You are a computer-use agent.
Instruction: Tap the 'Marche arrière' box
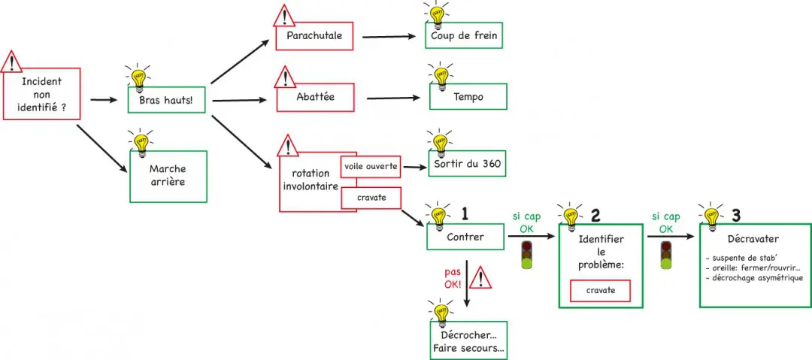(x=168, y=177)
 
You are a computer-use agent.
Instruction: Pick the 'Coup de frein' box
(x=464, y=35)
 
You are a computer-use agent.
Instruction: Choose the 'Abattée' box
(x=315, y=98)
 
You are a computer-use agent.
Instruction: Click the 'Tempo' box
(x=468, y=97)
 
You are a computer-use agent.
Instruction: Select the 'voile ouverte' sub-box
(x=370, y=167)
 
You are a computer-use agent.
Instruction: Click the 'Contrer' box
(x=465, y=237)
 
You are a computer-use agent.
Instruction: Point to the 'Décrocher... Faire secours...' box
(x=468, y=342)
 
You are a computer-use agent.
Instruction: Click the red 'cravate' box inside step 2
(x=599, y=290)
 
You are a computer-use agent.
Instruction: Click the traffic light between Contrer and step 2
(x=529, y=256)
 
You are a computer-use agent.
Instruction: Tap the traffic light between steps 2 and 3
(x=665, y=256)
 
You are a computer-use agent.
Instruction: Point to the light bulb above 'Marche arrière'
(x=139, y=140)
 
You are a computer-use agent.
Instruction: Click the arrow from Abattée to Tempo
(x=392, y=98)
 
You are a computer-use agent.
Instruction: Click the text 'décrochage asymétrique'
(x=756, y=277)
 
